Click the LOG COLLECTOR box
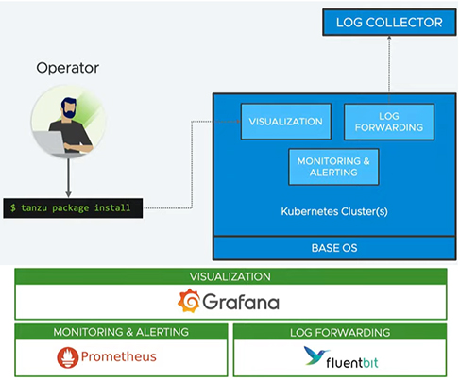tap(389, 22)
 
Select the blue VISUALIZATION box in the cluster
tap(286, 122)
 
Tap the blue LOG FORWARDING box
tap(389, 122)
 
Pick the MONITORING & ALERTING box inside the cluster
tap(333, 167)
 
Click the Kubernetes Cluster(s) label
tap(334, 211)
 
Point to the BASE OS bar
tap(334, 248)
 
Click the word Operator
tap(68, 68)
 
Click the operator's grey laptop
tap(50, 142)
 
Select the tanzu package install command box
tap(73, 207)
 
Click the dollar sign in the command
tap(13, 207)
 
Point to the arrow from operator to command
tap(68, 177)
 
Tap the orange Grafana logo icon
tap(189, 301)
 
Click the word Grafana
tap(241, 302)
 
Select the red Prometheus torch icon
tap(68, 357)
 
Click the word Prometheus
tap(119, 356)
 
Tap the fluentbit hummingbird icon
tap(315, 355)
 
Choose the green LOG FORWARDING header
tap(340, 332)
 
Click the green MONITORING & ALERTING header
tap(121, 332)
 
